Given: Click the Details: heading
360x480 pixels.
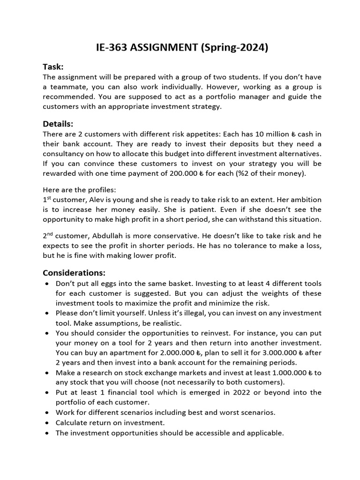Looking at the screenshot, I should pyautogui.click(x=58, y=124).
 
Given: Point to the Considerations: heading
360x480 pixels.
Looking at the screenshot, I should pyautogui.click(x=74, y=272).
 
